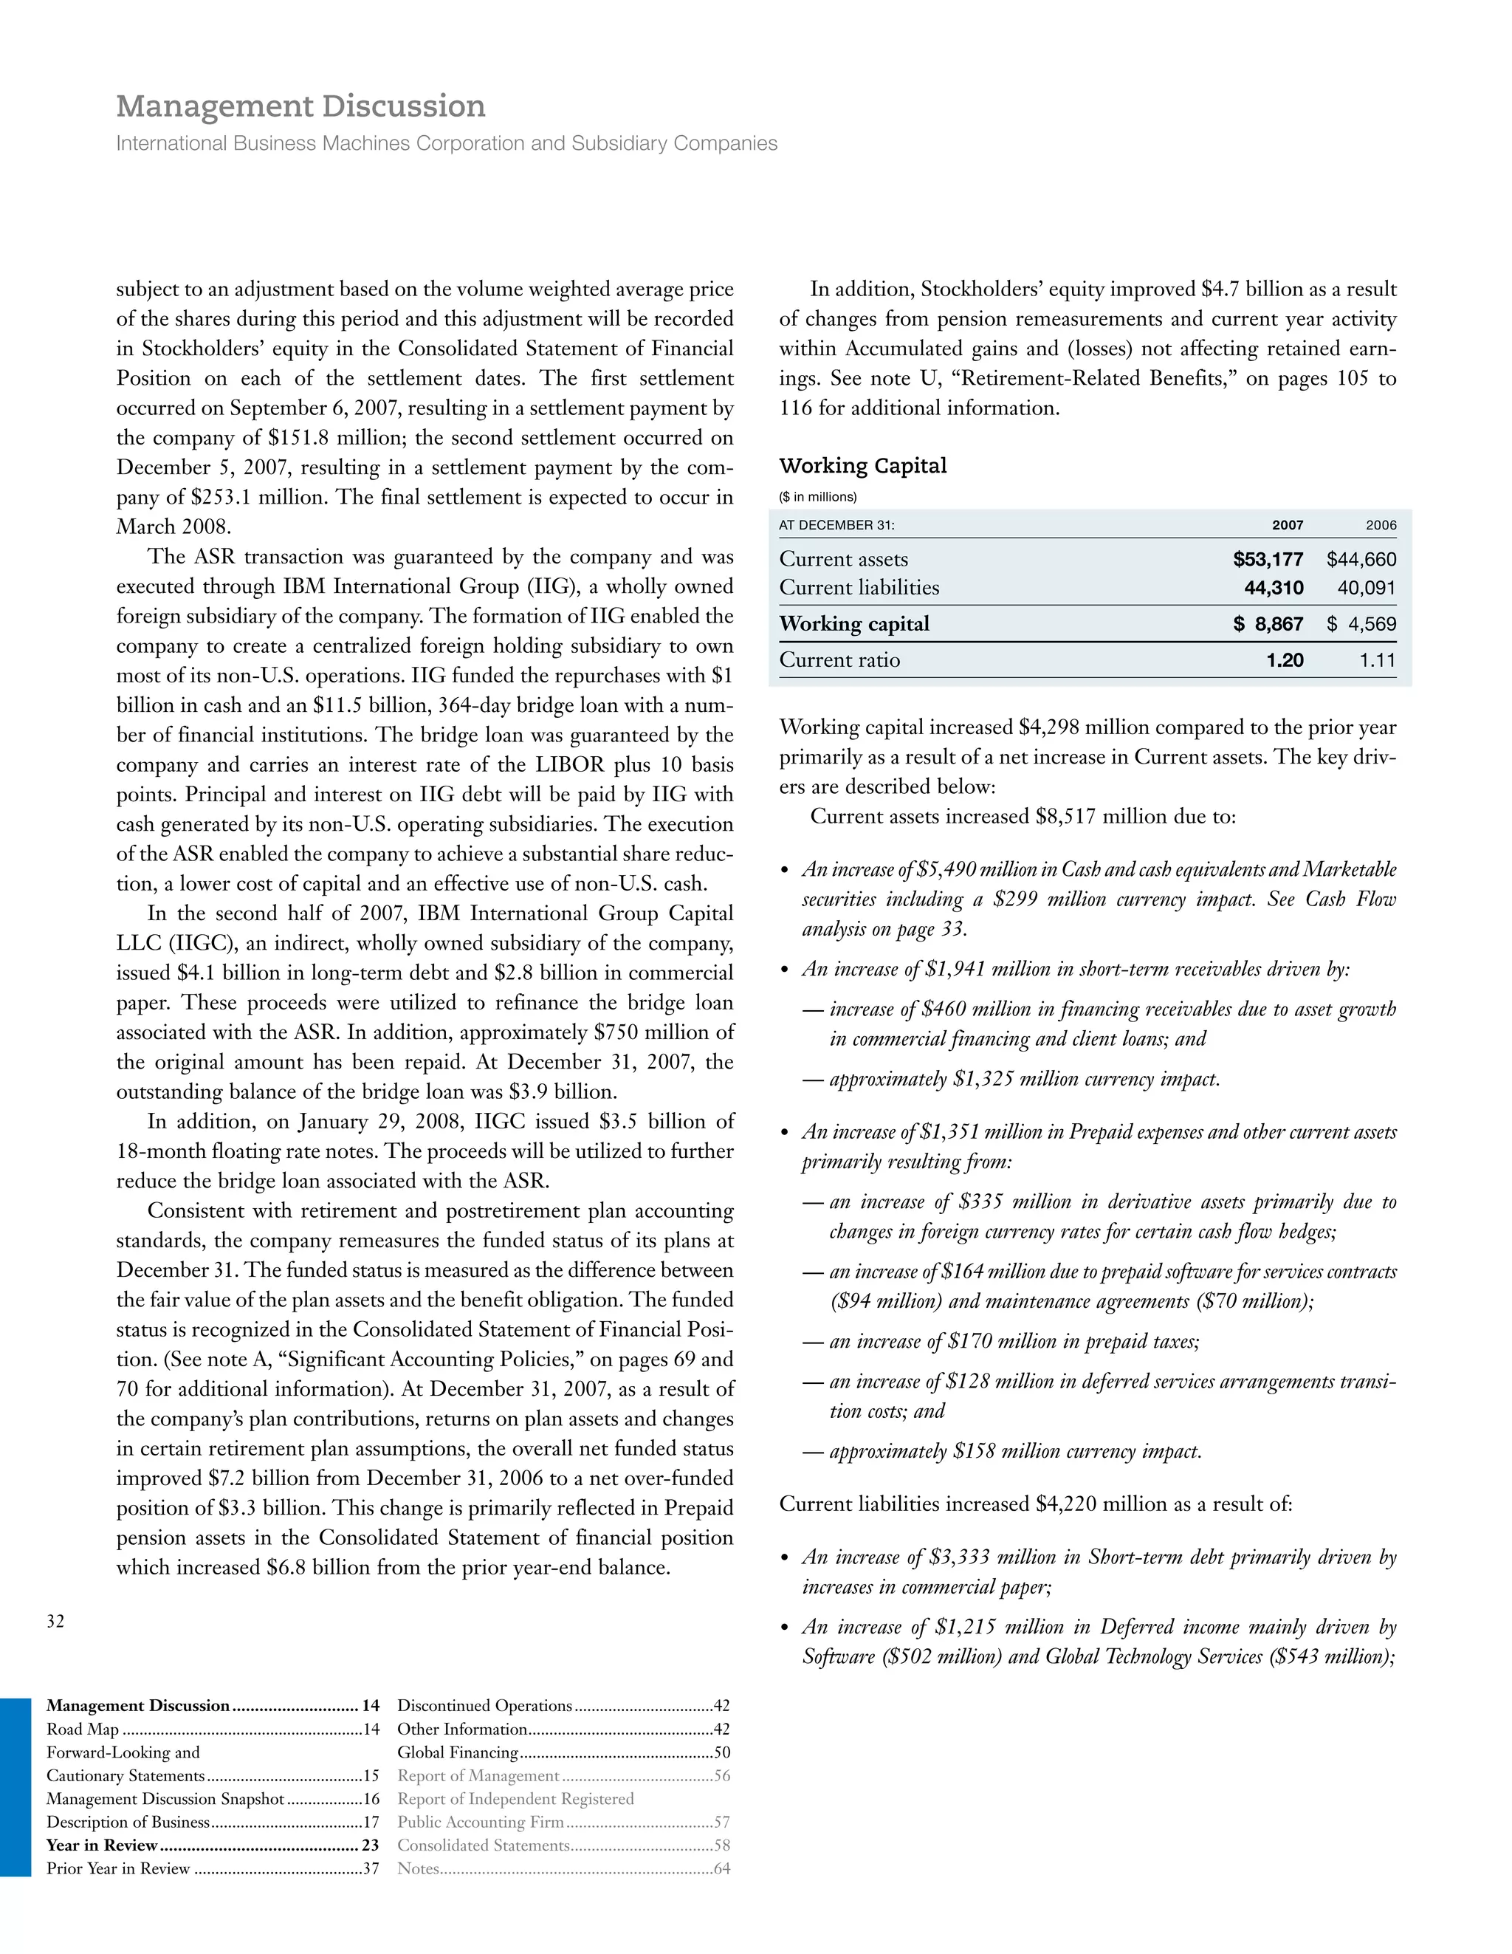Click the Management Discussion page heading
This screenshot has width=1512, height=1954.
tap(300, 106)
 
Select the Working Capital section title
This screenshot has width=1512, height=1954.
tap(862, 465)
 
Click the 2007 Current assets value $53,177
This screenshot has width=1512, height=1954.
tap(1268, 560)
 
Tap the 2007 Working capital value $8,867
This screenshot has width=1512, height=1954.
tap(1268, 625)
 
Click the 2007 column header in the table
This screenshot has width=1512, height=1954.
tap(1288, 526)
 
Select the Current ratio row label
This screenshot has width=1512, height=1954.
tap(839, 660)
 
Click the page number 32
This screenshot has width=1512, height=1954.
tap(55, 1621)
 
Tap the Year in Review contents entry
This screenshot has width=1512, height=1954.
tap(102, 1845)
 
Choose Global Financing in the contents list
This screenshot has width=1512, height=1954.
tap(458, 1752)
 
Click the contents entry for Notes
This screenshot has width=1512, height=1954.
tap(418, 1868)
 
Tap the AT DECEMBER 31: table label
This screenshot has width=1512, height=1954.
tap(836, 526)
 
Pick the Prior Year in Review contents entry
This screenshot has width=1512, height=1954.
tap(118, 1868)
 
